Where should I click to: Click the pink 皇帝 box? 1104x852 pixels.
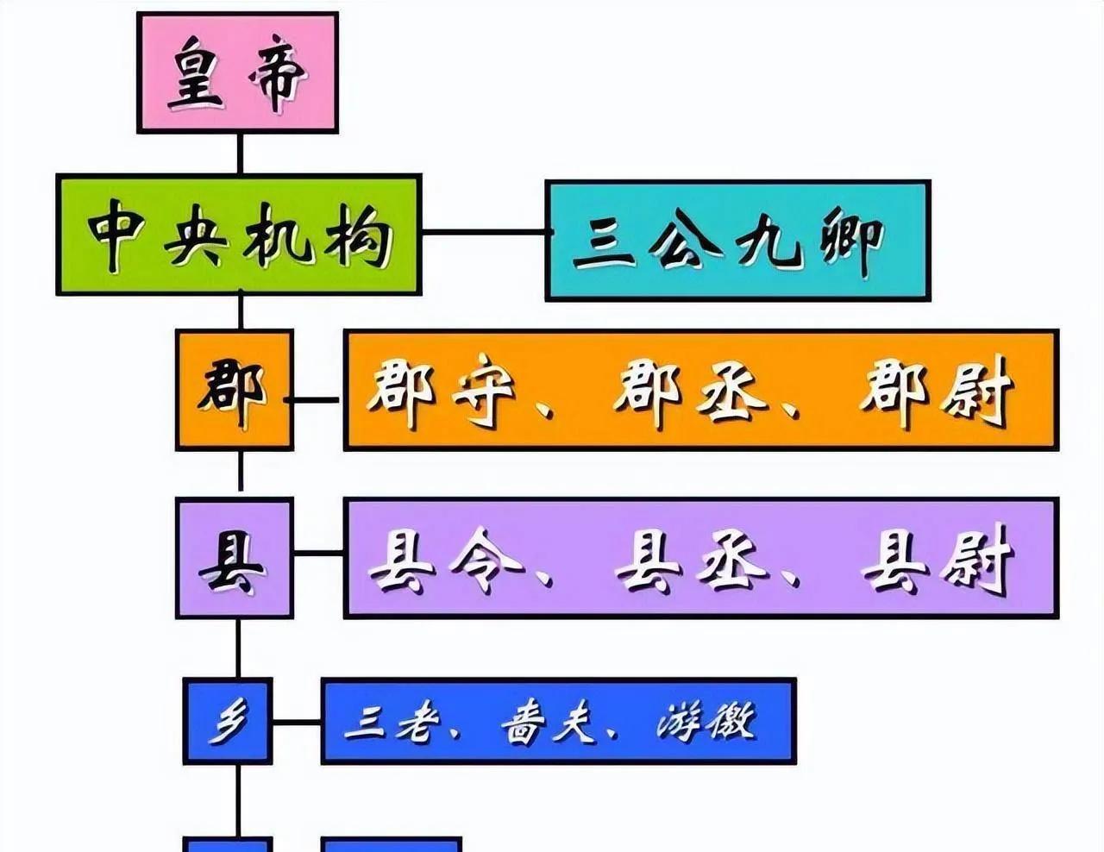point(237,73)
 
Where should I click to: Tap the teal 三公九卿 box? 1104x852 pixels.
point(737,241)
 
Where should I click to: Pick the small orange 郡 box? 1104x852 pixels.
point(234,390)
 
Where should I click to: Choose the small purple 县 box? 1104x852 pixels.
point(234,558)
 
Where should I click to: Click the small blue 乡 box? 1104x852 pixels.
point(228,721)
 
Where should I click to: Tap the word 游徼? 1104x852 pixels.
point(707,721)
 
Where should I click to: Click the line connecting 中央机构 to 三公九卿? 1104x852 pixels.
point(483,233)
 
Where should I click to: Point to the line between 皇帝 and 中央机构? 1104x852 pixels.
point(240,153)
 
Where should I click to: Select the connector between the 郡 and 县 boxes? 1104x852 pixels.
point(240,473)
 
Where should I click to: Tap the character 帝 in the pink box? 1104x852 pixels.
point(278,76)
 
